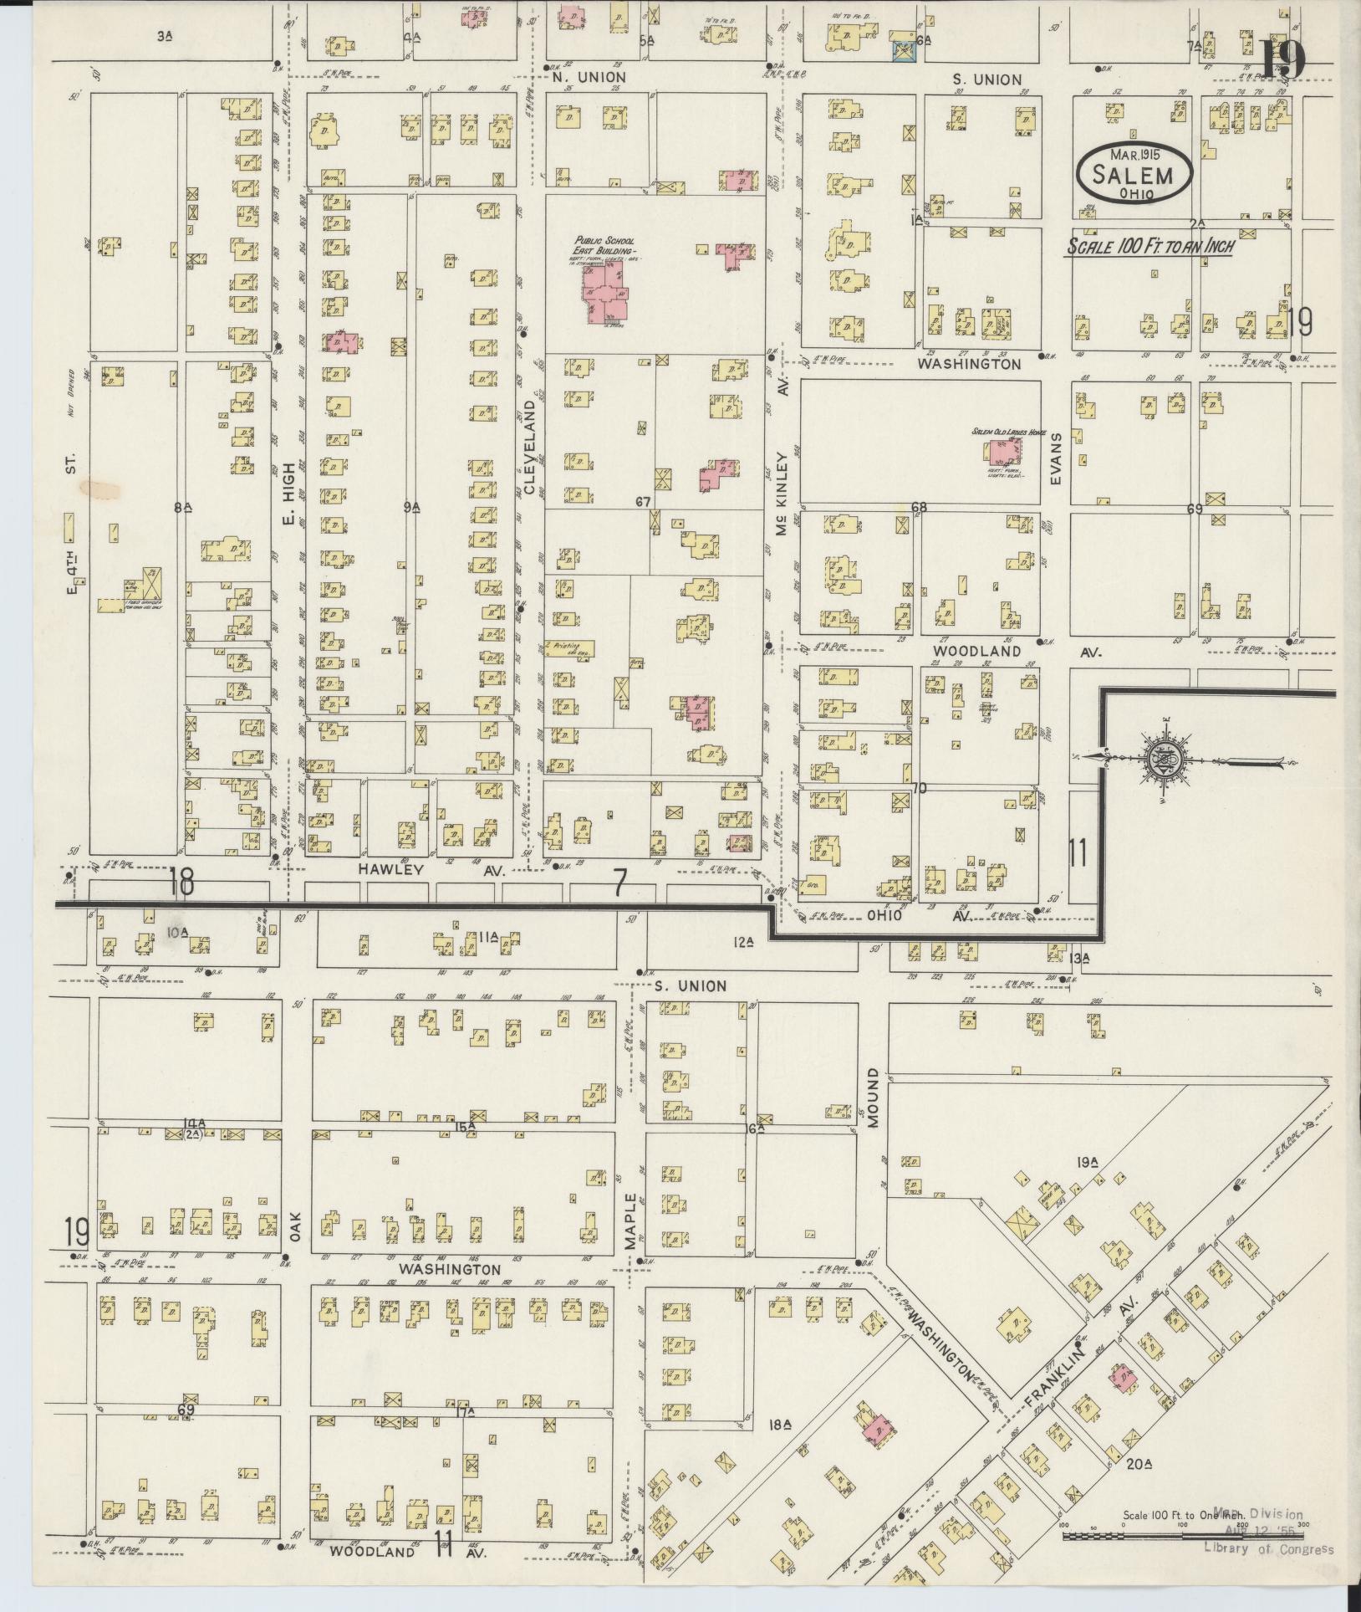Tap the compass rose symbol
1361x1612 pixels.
pyautogui.click(x=1168, y=760)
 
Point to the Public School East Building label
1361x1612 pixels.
pyautogui.click(x=604, y=245)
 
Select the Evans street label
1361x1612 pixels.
pyautogui.click(x=1056, y=458)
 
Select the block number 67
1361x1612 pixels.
pyautogui.click(x=642, y=501)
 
